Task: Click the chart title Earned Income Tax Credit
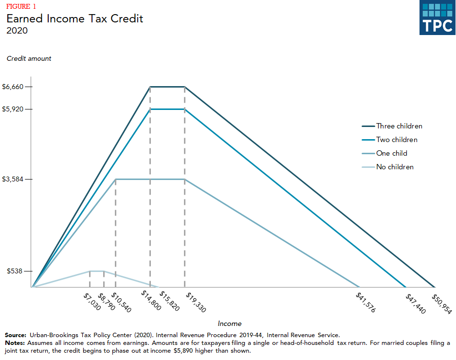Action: [74, 19]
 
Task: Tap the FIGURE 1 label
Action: [20, 6]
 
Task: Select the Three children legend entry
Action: [399, 126]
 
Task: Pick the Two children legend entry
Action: [397, 140]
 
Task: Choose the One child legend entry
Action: [391, 153]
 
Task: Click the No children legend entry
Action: [395, 167]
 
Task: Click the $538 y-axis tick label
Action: [15, 271]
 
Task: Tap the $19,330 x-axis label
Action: [195, 303]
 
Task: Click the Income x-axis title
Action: [230, 324]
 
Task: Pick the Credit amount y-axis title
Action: [29, 58]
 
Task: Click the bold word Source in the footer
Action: [16, 335]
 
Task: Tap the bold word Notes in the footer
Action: [14, 343]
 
